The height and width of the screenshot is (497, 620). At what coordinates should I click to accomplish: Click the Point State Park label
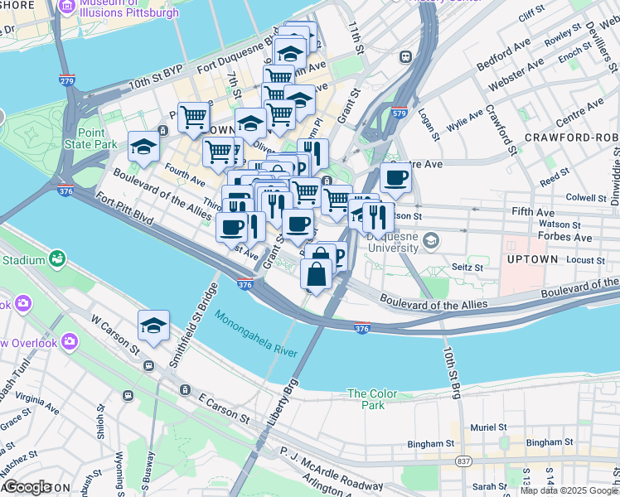pyautogui.click(x=98, y=138)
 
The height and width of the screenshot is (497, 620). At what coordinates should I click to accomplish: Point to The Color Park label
pyautogui.click(x=366, y=399)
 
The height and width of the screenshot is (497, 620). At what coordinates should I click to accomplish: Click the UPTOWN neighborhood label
pyautogui.click(x=531, y=259)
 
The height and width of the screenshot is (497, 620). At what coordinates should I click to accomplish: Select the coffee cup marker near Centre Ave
pyautogui.click(x=395, y=177)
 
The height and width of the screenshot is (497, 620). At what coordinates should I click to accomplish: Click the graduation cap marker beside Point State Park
pyautogui.click(x=143, y=147)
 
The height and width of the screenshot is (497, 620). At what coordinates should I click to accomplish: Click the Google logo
pyautogui.click(x=27, y=487)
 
